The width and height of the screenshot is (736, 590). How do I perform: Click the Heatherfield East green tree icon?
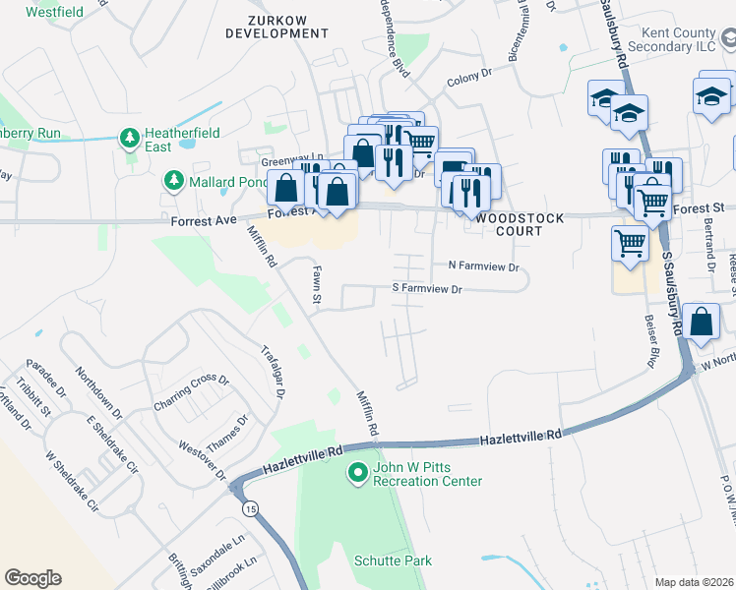(129, 139)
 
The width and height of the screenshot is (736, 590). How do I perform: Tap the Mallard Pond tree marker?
(173, 181)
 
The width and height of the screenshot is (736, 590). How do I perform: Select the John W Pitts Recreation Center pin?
(358, 474)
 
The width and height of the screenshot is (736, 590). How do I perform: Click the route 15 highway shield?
(251, 508)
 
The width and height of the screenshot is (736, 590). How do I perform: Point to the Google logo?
(32, 578)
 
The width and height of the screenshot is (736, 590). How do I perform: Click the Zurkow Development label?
(276, 26)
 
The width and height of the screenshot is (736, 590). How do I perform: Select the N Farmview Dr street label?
(482, 265)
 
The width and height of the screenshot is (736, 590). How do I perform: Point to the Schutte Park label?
(393, 560)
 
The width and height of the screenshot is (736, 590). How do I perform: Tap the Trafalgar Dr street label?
(274, 370)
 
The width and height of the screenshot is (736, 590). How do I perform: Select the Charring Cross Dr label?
(191, 393)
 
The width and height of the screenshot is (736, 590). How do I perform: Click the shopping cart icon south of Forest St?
(630, 242)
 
